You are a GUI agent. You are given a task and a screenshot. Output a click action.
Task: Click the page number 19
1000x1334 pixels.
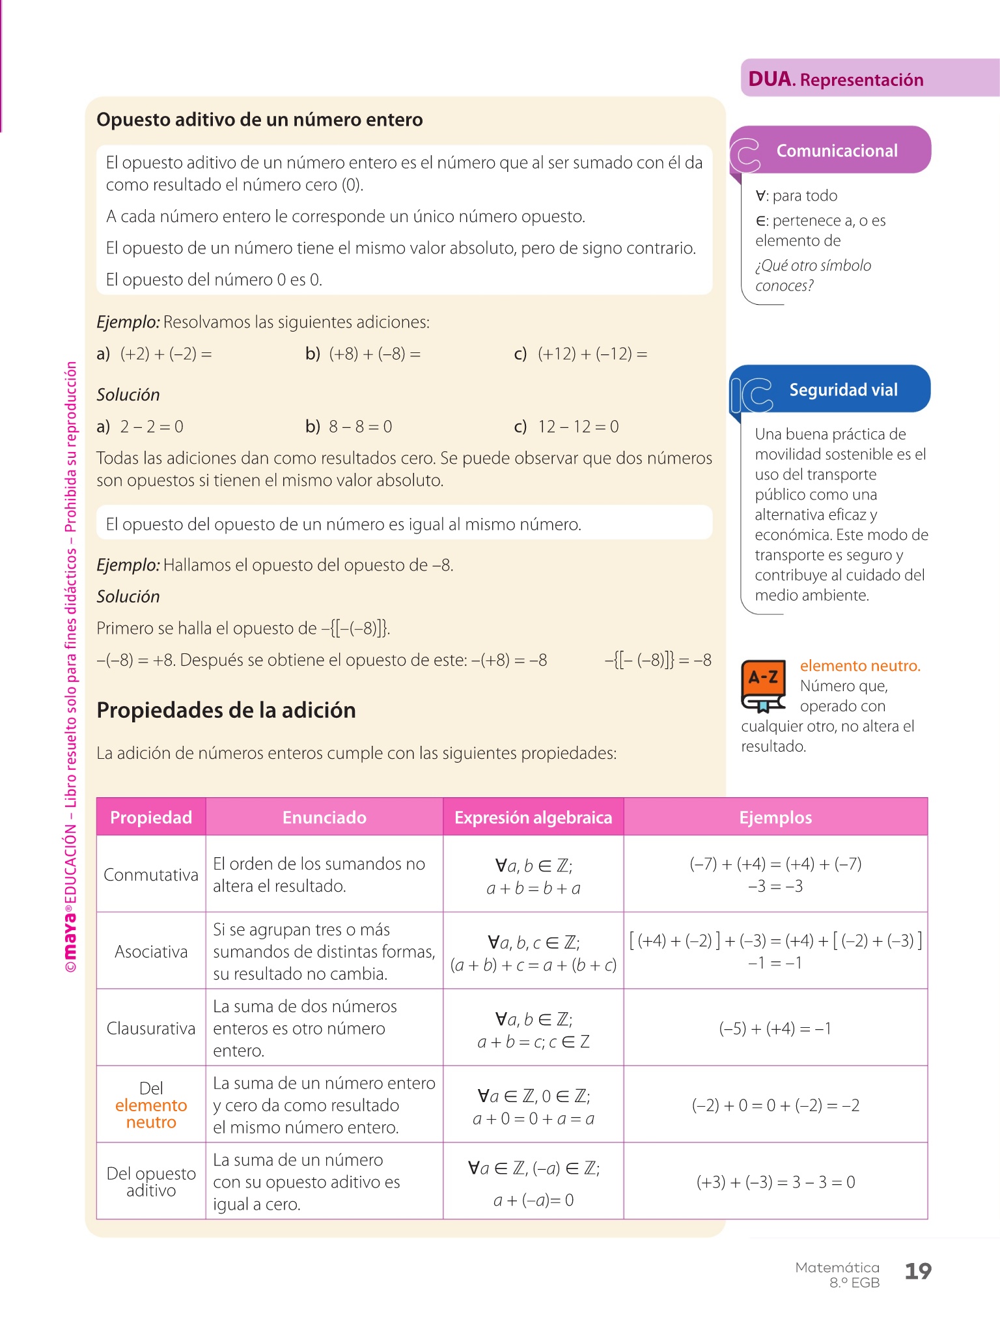pyautogui.click(x=918, y=1271)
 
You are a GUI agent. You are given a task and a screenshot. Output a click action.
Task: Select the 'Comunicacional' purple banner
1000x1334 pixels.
pyautogui.click(x=836, y=150)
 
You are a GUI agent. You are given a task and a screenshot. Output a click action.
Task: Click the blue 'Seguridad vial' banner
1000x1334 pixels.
pyautogui.click(x=842, y=390)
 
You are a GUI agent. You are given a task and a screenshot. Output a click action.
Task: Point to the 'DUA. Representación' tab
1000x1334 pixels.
pyautogui.click(x=836, y=79)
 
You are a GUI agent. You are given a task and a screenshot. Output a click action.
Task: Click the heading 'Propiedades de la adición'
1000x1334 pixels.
pyautogui.click(x=226, y=710)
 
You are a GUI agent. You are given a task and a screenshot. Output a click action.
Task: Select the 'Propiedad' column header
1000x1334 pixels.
pyautogui.click(x=151, y=817)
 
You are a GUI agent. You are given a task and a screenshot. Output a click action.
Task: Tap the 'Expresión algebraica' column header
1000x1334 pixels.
pyautogui.click(x=533, y=817)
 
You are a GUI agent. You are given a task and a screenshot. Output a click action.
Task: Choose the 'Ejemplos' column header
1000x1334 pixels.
pyautogui.click(x=775, y=817)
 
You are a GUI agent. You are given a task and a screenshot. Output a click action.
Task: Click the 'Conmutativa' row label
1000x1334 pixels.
pyautogui.click(x=151, y=875)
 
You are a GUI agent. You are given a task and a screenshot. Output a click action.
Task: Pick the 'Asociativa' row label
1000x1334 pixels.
pyautogui.click(x=151, y=952)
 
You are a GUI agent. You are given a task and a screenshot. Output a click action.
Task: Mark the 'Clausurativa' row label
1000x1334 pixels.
pyautogui.click(x=151, y=1029)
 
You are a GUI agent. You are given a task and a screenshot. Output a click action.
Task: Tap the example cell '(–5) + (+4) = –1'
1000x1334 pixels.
pyautogui.click(x=775, y=1029)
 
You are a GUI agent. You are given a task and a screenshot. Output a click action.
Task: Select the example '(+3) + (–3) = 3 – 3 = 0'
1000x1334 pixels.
pyautogui.click(x=775, y=1182)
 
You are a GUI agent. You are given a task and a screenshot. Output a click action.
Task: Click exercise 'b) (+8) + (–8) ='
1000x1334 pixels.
pyautogui.click(x=363, y=354)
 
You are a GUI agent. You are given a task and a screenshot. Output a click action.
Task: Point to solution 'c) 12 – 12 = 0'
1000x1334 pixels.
pyautogui.click(x=566, y=427)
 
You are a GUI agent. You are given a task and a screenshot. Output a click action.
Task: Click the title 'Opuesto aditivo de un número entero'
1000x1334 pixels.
pyautogui.click(x=260, y=120)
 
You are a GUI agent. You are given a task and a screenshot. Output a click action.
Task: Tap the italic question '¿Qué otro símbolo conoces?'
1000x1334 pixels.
pyautogui.click(x=812, y=276)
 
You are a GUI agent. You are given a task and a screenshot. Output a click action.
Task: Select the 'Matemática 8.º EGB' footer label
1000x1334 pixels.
pyautogui.click(x=837, y=1275)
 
